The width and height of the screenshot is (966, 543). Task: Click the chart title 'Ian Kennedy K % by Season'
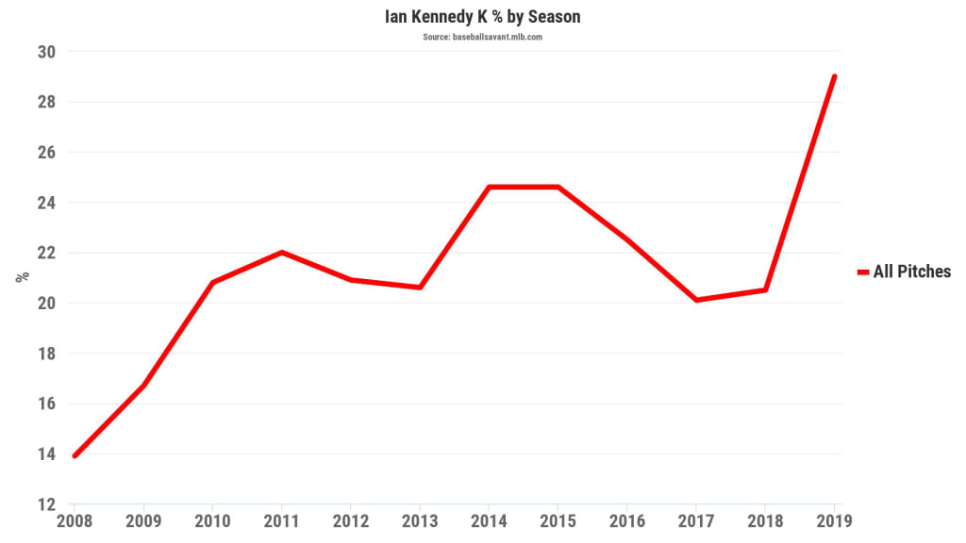click(x=482, y=17)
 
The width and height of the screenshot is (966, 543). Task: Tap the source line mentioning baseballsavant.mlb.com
click(x=482, y=38)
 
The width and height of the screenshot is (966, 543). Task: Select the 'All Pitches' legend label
click(x=911, y=271)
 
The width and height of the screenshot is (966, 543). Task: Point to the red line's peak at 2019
click(x=835, y=76)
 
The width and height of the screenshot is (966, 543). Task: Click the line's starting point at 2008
click(x=75, y=455)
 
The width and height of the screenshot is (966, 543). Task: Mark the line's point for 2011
click(x=282, y=252)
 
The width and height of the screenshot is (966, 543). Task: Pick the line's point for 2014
click(x=490, y=187)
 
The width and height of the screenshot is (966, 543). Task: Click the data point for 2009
click(x=143, y=386)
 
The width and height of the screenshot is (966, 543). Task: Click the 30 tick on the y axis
click(x=45, y=52)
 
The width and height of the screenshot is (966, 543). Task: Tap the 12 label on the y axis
click(x=45, y=504)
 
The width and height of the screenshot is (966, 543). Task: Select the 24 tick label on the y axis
click(x=45, y=203)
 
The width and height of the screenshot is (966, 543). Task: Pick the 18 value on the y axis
click(x=45, y=354)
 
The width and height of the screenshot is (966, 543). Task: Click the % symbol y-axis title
click(x=20, y=277)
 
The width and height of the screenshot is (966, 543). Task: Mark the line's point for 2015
click(x=558, y=187)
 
